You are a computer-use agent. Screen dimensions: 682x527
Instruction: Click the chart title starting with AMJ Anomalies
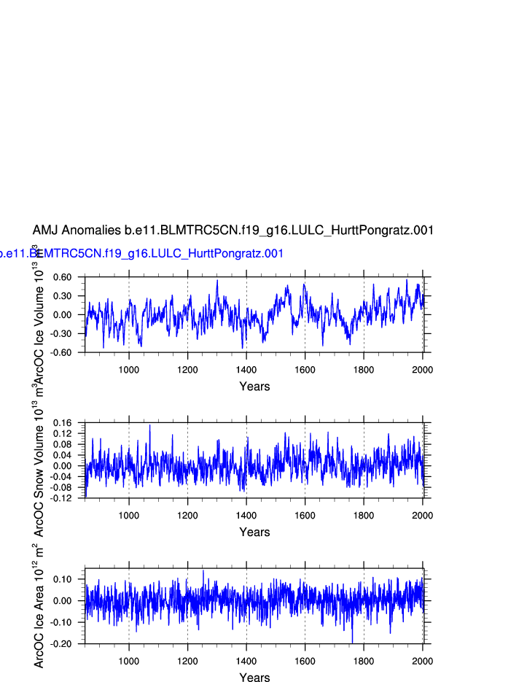click(233, 230)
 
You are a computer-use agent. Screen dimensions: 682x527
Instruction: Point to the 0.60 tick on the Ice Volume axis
click(61, 277)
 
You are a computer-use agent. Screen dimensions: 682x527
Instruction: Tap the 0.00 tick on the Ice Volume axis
click(61, 315)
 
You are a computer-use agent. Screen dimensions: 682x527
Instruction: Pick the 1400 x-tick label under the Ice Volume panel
click(246, 370)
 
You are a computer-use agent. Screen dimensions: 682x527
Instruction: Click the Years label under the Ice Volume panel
click(254, 387)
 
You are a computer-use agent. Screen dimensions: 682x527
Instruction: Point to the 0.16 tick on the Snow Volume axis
click(63, 423)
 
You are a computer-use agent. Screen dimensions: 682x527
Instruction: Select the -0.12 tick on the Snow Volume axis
click(62, 498)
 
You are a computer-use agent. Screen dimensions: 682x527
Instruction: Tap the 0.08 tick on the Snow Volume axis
click(63, 444)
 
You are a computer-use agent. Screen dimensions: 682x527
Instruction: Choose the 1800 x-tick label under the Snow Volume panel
click(364, 516)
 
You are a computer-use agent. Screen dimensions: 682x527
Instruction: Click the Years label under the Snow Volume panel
click(254, 532)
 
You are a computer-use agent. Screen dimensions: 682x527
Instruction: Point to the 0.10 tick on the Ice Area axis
click(63, 579)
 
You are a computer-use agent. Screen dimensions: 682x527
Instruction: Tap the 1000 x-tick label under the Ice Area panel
click(129, 662)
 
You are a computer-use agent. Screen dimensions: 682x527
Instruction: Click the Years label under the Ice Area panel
click(254, 678)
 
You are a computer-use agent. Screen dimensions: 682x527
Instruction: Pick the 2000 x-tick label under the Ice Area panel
click(422, 662)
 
